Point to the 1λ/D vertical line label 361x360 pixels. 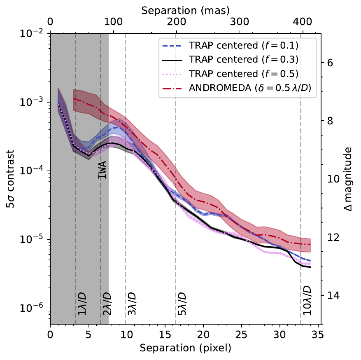[82, 305]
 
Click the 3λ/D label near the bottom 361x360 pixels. [132, 305]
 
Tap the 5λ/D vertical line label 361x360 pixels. [182, 305]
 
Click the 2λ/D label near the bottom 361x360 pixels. [107, 305]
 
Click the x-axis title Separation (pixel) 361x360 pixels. [185, 348]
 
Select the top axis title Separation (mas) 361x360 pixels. [185, 10]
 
